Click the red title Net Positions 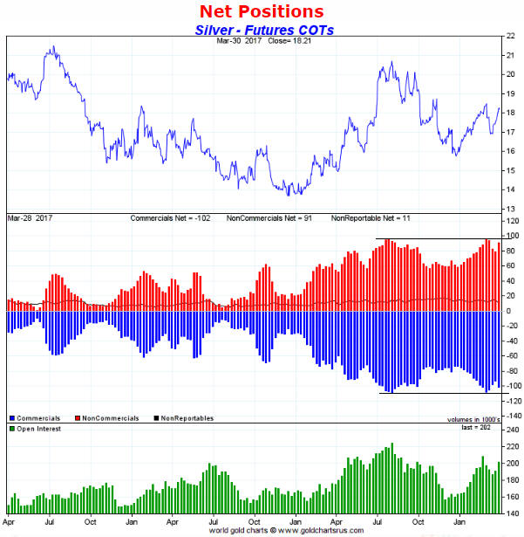[x=262, y=11]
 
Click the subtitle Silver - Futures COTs [x=262, y=30]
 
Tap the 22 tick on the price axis [x=510, y=37]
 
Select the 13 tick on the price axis [x=510, y=208]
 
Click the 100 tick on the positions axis [x=512, y=236]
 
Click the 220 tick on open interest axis [x=512, y=446]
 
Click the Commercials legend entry [x=39, y=418]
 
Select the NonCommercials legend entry [x=109, y=418]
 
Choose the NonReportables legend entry [x=185, y=418]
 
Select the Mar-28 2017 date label [x=28, y=216]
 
